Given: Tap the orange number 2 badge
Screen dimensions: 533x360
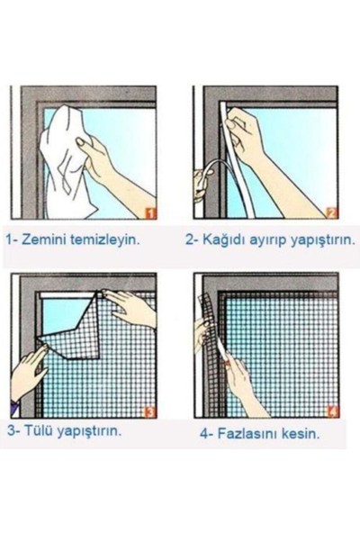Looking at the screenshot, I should [x=331, y=212].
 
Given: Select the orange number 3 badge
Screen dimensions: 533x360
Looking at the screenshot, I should [x=149, y=411].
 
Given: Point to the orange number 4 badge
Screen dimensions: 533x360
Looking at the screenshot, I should [x=332, y=411].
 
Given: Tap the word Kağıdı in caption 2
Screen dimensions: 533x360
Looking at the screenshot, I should [x=220, y=240].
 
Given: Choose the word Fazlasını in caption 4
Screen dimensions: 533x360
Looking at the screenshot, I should [x=247, y=432].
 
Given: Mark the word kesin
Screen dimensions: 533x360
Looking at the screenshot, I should [x=303, y=432].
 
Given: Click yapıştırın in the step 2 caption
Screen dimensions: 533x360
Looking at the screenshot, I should [x=314, y=240].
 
